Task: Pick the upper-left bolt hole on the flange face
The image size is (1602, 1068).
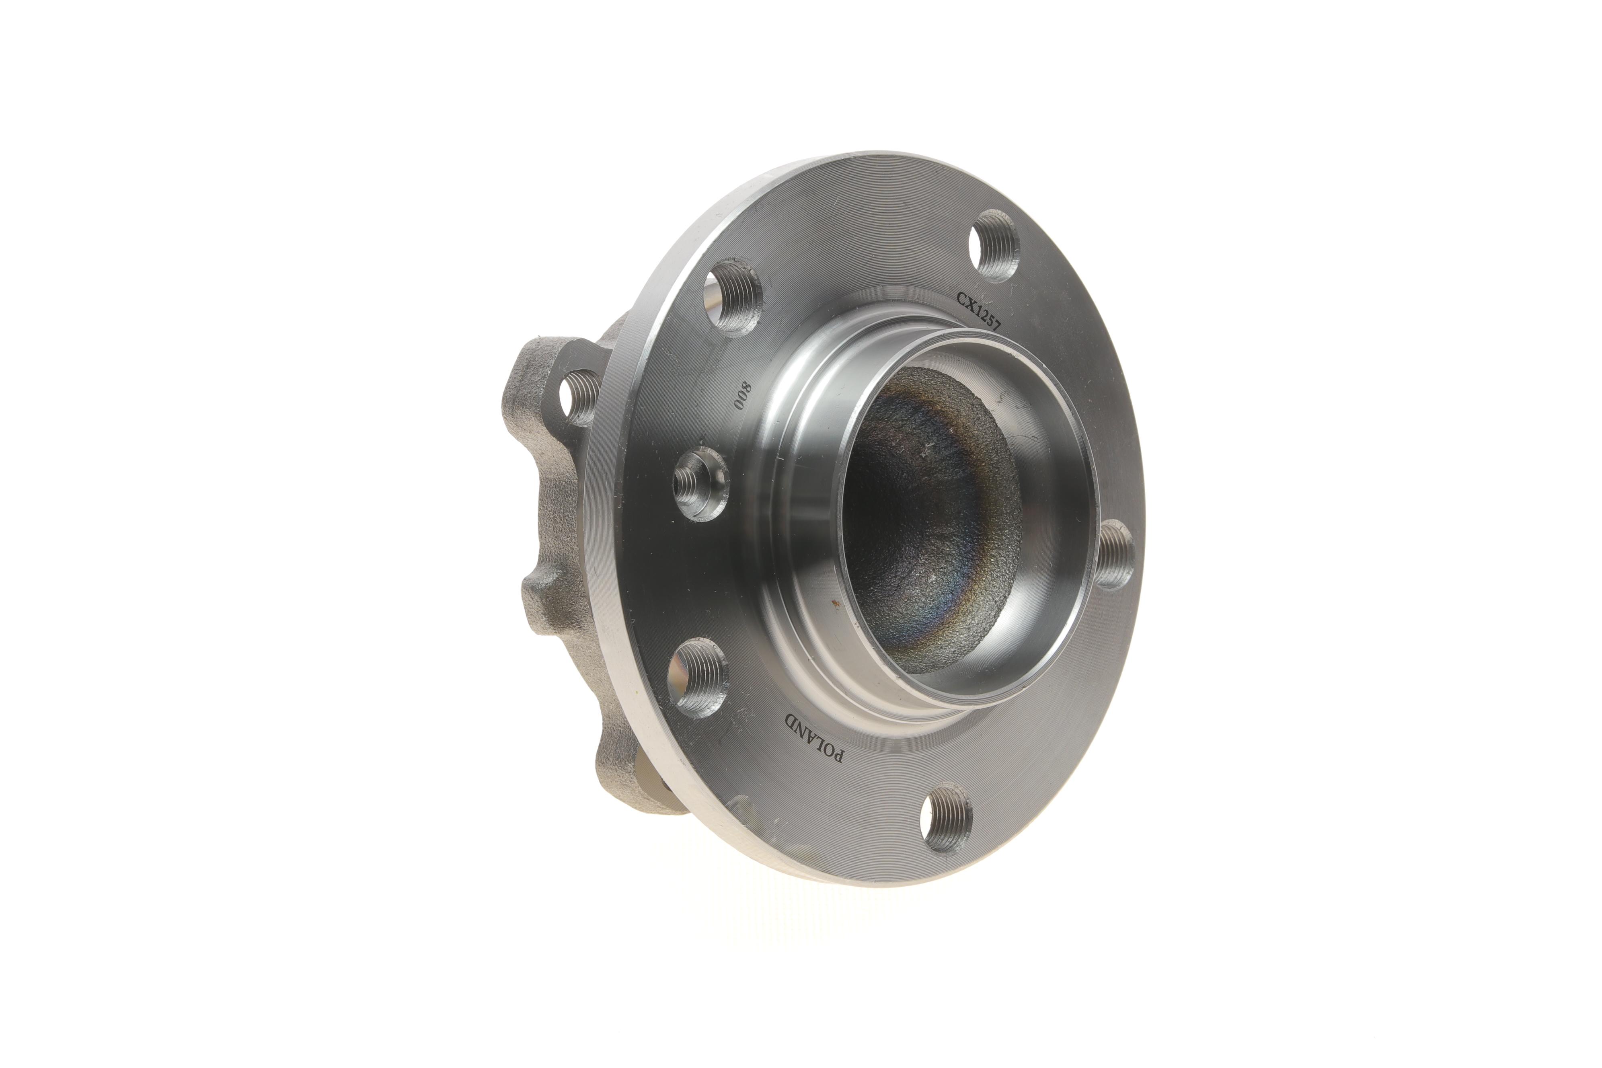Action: (x=733, y=296)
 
